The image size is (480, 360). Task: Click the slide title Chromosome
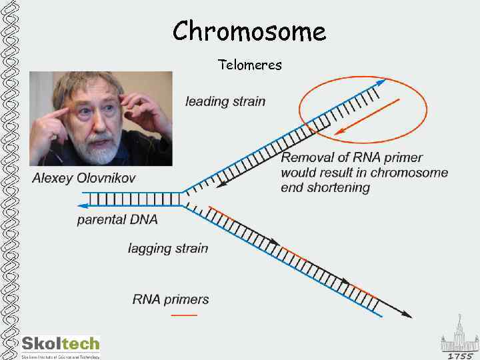coord(249,31)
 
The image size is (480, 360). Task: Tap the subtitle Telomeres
coord(250,65)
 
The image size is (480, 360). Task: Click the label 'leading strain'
coord(225,102)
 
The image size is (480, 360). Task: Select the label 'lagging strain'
coord(168,249)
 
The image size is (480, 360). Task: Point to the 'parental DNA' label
coord(117,219)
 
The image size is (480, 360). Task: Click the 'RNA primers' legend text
coord(171,299)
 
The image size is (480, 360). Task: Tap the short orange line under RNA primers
coord(184,314)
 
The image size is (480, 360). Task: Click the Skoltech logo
coord(61,345)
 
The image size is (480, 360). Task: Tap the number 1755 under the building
coord(460,355)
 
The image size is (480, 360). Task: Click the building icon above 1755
coord(459,337)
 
